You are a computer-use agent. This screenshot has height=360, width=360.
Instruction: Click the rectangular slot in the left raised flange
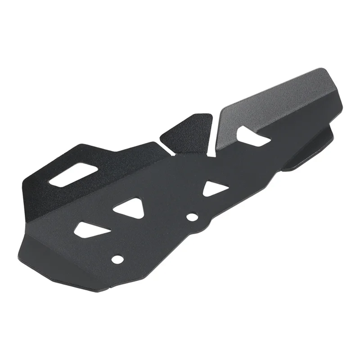coord(75,175)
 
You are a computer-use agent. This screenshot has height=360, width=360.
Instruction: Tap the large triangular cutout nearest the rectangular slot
coord(129,207)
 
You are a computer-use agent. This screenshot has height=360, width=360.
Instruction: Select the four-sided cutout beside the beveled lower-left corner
coord(92,229)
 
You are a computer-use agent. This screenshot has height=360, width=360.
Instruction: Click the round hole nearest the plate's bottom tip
coord(117,259)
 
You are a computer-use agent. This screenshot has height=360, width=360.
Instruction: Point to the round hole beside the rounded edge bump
coord(192,217)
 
